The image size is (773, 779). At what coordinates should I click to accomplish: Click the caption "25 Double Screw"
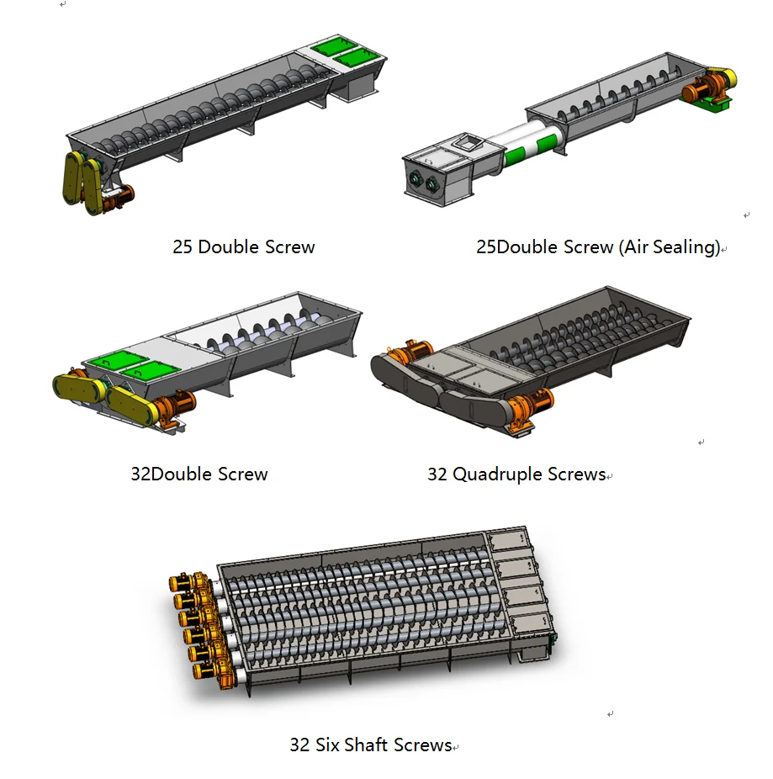coord(243,247)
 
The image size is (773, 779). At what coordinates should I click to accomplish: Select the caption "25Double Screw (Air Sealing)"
coord(598,247)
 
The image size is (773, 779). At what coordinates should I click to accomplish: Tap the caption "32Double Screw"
coord(199,474)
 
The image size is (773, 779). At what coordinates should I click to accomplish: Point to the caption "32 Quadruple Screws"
coord(516,474)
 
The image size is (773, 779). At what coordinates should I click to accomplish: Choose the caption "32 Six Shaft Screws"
coord(371,745)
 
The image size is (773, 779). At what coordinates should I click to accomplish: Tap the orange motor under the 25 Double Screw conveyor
coord(119,196)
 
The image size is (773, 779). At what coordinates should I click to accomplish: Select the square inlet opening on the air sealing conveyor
coord(467,142)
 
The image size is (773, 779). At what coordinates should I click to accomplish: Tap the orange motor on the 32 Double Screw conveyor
coord(174,405)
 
